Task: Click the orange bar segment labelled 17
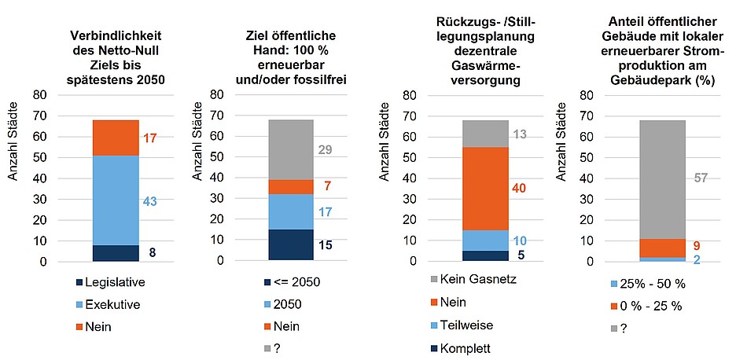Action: click(x=116, y=138)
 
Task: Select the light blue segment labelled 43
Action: click(x=116, y=200)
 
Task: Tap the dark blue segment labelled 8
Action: click(x=116, y=253)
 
